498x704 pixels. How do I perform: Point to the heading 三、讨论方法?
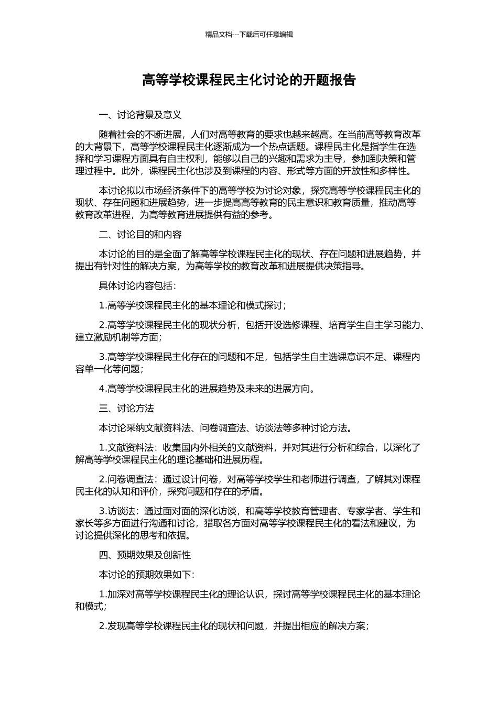click(x=126, y=409)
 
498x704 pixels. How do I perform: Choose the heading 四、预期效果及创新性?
click(x=145, y=555)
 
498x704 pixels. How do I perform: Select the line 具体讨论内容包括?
click(x=138, y=285)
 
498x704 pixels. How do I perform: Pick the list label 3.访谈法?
click(x=118, y=511)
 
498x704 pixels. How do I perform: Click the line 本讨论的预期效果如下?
click(x=147, y=575)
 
